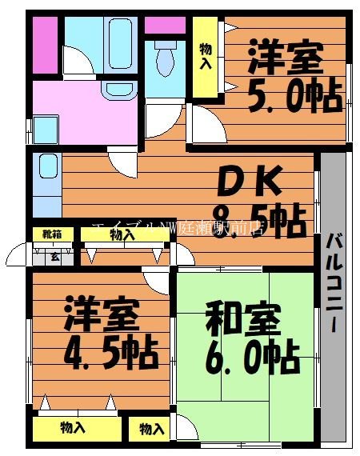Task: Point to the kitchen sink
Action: pos(47,169)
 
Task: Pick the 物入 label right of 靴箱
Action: pos(122,235)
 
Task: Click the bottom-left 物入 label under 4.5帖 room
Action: pos(73,428)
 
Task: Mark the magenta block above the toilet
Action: pos(164,23)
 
